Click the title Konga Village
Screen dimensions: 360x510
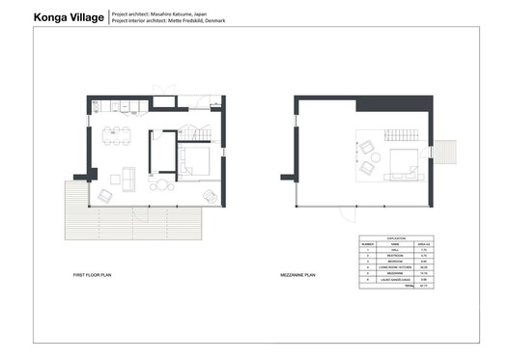[68, 17]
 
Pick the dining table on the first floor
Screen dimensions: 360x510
[117, 134]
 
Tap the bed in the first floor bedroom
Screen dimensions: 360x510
[198, 159]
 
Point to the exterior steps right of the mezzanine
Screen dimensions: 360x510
[444, 151]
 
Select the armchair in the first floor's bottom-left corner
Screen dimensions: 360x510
[105, 195]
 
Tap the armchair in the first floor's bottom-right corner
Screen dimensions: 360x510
[210, 196]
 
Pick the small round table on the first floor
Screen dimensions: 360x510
[164, 186]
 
